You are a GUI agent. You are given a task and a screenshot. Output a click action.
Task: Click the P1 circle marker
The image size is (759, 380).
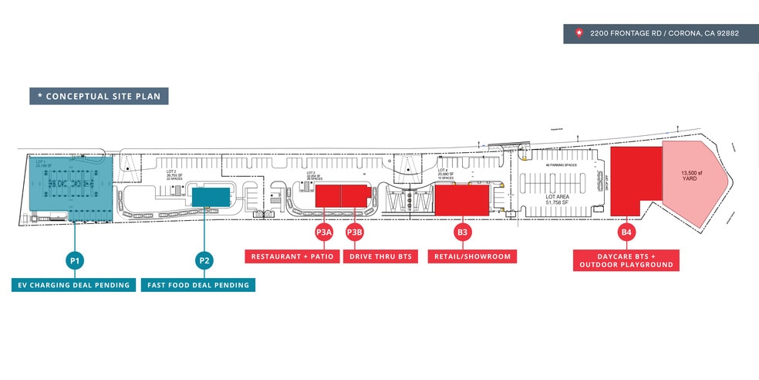click(x=76, y=260)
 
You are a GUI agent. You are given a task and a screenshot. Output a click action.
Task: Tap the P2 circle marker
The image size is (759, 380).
click(x=204, y=260)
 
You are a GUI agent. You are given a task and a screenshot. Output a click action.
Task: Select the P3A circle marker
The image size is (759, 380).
click(x=323, y=232)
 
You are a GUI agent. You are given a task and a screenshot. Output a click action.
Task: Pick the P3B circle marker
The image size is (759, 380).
click(x=354, y=232)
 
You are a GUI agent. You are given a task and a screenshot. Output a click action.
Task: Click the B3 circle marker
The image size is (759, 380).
click(x=462, y=232)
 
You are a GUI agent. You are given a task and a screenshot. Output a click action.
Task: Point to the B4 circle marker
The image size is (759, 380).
click(x=626, y=232)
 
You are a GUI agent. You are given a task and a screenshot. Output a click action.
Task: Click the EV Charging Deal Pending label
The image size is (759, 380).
click(x=73, y=285)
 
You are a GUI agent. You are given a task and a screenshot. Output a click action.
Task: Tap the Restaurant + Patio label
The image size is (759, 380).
click(x=291, y=256)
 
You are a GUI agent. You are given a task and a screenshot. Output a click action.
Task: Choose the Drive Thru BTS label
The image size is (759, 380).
click(x=377, y=256)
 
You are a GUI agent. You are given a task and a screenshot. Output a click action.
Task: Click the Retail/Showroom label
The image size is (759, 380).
click(x=472, y=256)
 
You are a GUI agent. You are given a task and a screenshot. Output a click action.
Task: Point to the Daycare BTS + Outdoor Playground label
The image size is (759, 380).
click(x=626, y=260)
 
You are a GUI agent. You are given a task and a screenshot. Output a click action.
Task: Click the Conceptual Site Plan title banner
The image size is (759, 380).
click(x=99, y=97)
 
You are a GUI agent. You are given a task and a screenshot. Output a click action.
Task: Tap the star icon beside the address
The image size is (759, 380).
click(x=579, y=33)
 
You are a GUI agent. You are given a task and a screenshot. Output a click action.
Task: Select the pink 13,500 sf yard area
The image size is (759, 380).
click(x=694, y=182)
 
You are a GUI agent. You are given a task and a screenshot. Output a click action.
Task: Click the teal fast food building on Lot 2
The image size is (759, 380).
click(x=211, y=196)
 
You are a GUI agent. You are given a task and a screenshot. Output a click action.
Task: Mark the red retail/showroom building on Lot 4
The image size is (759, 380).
click(x=461, y=199)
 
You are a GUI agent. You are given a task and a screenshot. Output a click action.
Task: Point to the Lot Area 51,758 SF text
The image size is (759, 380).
click(x=561, y=200)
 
